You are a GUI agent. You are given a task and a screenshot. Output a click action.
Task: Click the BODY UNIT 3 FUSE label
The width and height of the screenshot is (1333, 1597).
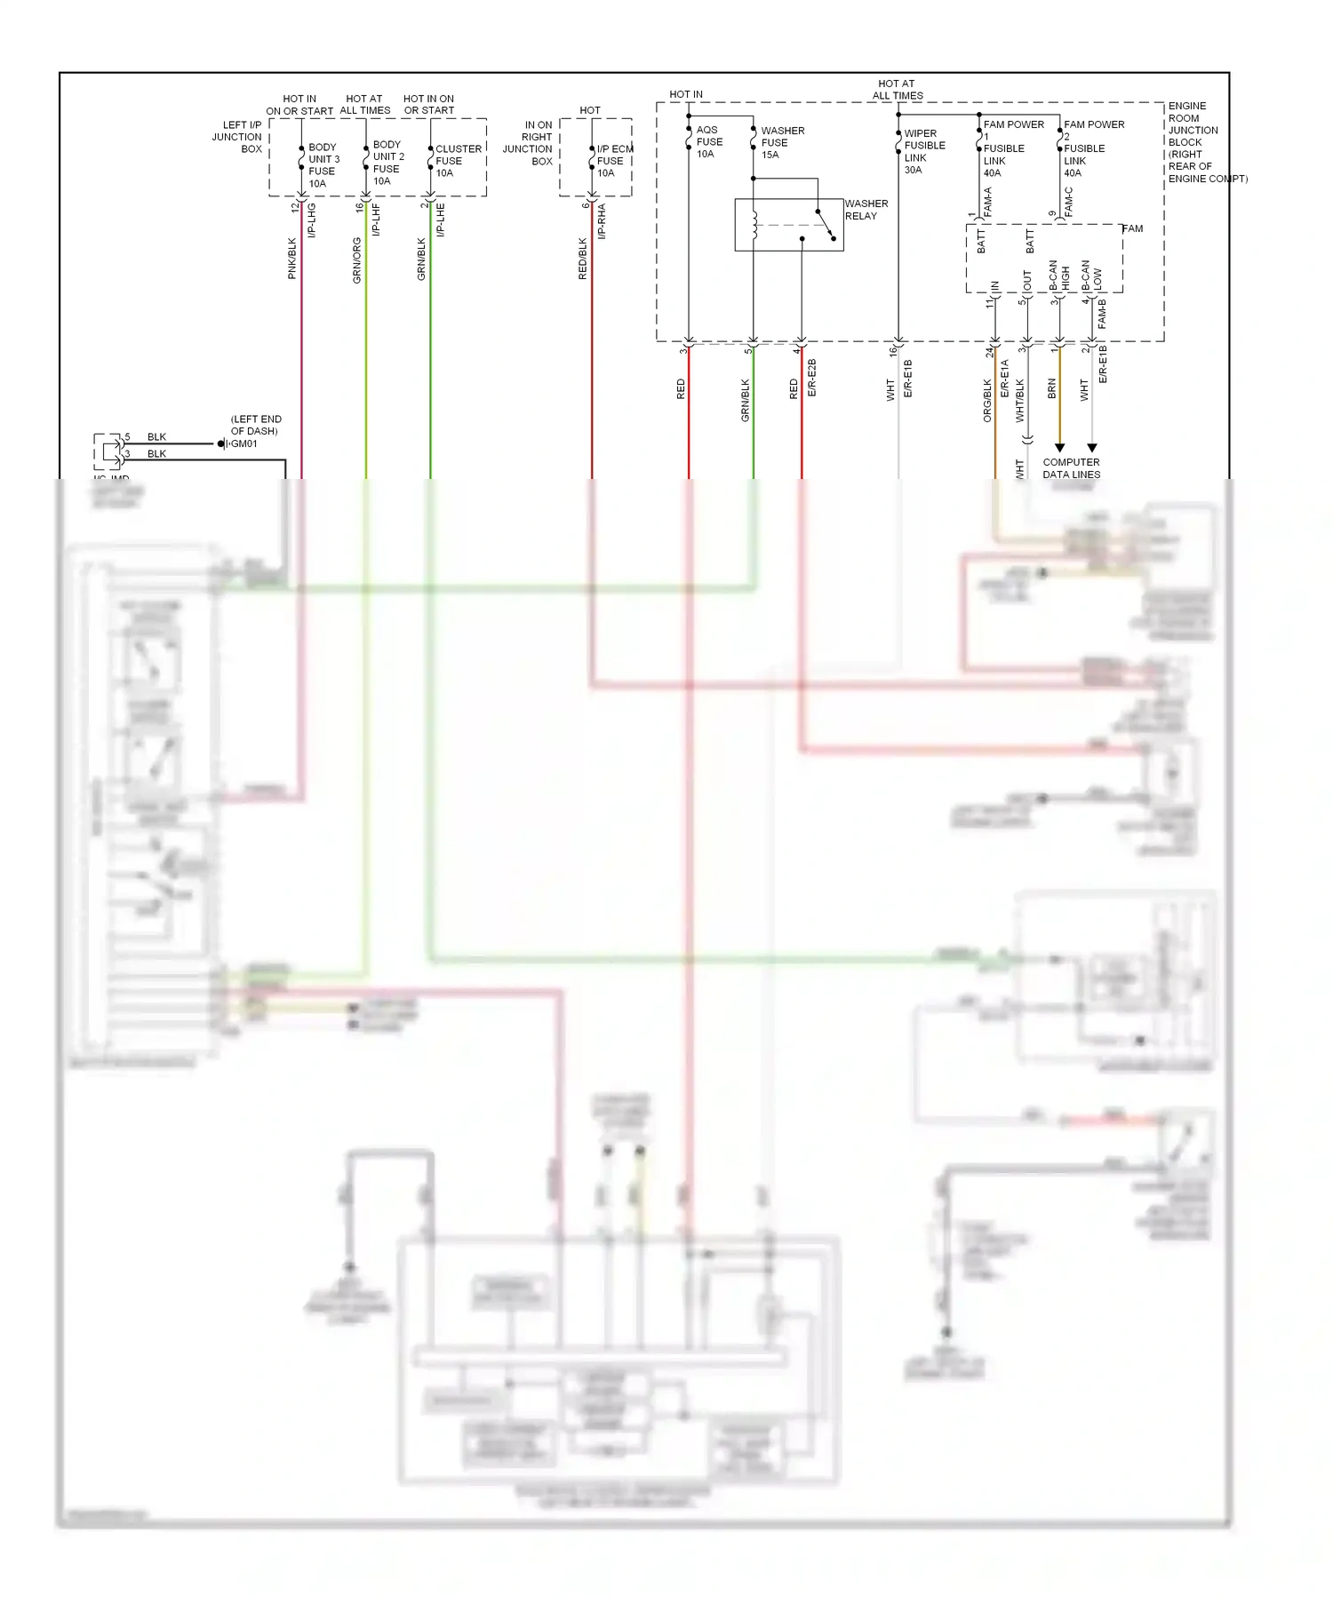point(323,165)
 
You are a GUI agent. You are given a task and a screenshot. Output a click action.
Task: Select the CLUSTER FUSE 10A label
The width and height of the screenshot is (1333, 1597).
point(458,161)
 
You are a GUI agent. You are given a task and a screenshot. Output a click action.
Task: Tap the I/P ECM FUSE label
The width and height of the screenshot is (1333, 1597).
point(613,161)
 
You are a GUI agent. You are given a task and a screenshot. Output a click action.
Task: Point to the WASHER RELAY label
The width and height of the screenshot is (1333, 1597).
point(866,210)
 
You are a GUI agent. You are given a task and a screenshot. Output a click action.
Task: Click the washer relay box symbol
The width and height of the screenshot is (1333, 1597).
point(788,225)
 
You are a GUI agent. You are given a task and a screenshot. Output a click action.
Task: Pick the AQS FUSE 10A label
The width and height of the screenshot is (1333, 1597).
point(708,142)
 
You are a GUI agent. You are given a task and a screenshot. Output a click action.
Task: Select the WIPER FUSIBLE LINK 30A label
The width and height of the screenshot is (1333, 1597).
point(923,152)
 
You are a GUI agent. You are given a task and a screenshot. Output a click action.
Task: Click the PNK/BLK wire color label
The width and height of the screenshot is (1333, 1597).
point(292,259)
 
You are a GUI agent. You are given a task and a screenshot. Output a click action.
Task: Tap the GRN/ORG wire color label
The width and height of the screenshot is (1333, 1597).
point(357,260)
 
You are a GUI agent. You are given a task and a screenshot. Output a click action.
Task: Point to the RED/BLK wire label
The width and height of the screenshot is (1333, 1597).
point(583,259)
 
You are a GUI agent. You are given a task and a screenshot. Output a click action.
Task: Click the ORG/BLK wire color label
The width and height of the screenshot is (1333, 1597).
point(987,400)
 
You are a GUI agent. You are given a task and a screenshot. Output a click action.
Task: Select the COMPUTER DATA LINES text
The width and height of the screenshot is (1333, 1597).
point(1071,468)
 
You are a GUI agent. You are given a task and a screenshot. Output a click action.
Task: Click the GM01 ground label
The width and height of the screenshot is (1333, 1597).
point(243,443)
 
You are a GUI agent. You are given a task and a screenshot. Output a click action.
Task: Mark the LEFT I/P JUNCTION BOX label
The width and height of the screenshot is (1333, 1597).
point(238,137)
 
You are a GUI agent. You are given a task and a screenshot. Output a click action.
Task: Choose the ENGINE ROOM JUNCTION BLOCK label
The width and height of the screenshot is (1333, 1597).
point(1194,142)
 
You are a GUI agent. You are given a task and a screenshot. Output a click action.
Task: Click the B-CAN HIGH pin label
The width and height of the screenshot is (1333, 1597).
point(1059,276)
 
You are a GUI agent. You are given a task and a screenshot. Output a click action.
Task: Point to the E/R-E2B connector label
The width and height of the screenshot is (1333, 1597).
point(811,378)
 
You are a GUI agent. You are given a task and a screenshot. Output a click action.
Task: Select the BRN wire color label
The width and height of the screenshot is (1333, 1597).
point(1052,388)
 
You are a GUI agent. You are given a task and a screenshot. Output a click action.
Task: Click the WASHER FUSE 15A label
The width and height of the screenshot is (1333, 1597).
point(781,142)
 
